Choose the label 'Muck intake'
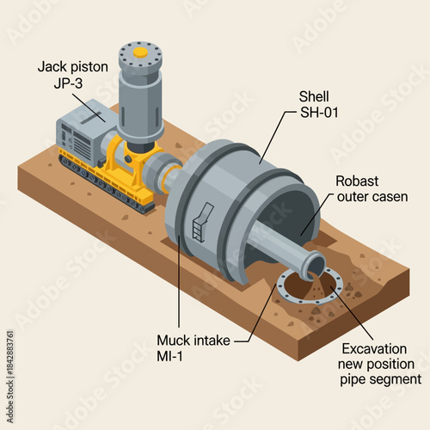(193, 341)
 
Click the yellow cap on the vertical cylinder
(140, 52)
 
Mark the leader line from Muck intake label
(178, 284)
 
